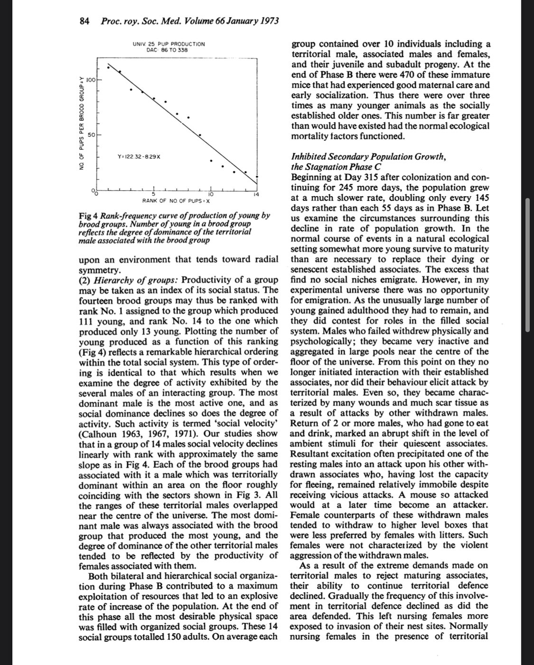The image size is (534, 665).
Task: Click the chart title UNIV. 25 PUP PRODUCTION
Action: [169, 44]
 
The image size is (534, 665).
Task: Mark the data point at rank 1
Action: [108, 67]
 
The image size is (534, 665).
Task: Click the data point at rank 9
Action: [200, 135]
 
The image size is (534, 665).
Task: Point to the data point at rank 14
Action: [257, 177]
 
